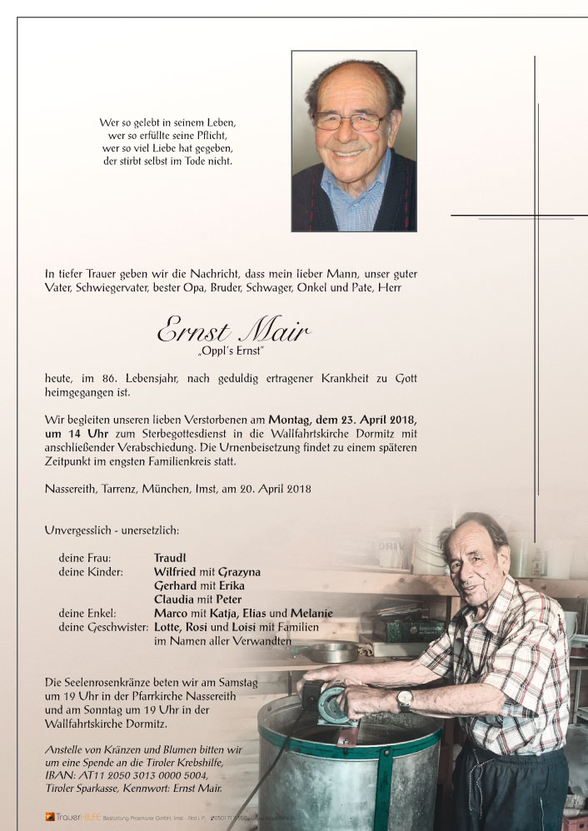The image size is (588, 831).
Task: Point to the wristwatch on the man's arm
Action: coord(405,699)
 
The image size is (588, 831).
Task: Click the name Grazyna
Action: coord(237,572)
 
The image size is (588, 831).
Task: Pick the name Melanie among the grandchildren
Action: coord(311,613)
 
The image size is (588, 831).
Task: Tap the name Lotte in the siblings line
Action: coord(167,626)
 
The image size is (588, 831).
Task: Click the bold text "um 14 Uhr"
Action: coord(73,434)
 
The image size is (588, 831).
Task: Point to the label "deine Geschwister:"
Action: coord(103,626)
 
